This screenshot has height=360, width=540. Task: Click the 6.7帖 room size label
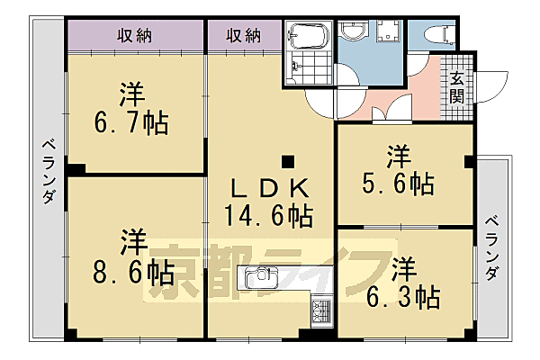pyautogui.click(x=133, y=123)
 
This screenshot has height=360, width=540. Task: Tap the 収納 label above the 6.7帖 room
pyautogui.click(x=133, y=36)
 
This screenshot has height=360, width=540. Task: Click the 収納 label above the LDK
pyautogui.click(x=243, y=36)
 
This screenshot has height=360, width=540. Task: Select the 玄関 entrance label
pyautogui.click(x=457, y=88)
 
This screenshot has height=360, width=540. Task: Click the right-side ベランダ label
pyautogui.click(x=491, y=248)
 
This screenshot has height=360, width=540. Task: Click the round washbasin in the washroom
pyautogui.click(x=354, y=32)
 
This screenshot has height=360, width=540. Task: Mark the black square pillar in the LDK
pyautogui.click(x=287, y=162)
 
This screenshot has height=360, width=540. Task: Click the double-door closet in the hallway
pyautogui.click(x=391, y=112)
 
